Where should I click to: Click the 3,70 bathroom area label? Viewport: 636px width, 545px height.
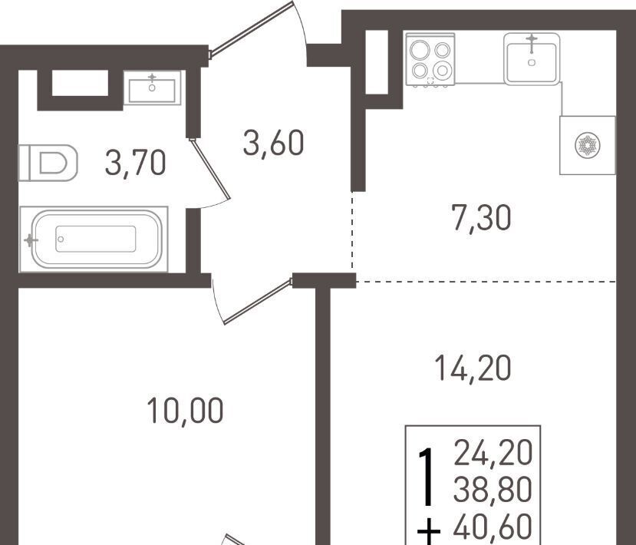[x=135, y=163]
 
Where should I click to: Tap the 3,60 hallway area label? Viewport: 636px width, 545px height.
[x=273, y=143]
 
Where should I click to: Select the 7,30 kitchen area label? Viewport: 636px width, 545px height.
[x=481, y=218]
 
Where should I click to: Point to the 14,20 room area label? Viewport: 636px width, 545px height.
[x=472, y=368]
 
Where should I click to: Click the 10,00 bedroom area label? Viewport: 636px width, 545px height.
[x=185, y=410]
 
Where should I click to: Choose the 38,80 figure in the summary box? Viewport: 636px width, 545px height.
[x=493, y=489]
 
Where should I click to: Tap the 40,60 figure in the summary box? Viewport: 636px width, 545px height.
[x=493, y=527]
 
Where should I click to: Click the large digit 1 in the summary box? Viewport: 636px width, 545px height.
[x=426, y=477]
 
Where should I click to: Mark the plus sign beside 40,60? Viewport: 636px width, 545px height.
[x=428, y=533]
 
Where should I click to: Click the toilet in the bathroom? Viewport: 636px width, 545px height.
[x=48, y=163]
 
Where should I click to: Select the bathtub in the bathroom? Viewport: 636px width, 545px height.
[x=94, y=239]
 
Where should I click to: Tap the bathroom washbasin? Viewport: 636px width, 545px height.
[x=152, y=88]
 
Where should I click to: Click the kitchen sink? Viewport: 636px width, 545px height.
[x=532, y=59]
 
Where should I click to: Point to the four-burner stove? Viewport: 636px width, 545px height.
[x=430, y=60]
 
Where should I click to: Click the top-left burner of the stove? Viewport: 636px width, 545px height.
[x=420, y=50]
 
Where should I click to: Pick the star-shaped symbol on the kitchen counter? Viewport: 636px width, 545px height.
[x=588, y=145]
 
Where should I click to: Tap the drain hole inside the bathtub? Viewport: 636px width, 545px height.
[x=61, y=239]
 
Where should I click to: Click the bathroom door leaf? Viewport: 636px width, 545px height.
[x=209, y=169]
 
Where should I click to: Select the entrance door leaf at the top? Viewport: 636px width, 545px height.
[x=251, y=28]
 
